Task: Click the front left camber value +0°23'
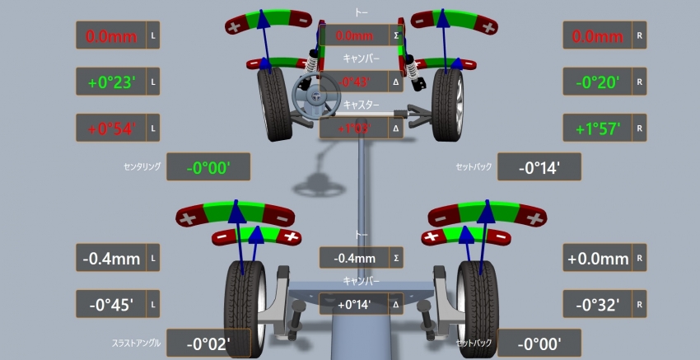point(110,82)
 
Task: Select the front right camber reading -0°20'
point(597,82)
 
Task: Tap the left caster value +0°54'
point(110,128)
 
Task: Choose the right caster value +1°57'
point(597,128)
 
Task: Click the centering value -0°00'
point(208,167)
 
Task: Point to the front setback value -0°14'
point(539,167)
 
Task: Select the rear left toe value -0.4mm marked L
point(110,258)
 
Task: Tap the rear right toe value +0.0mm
point(597,258)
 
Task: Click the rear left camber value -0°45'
point(110,304)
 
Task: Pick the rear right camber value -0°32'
point(597,304)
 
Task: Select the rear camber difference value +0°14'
point(353,304)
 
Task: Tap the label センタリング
point(142,167)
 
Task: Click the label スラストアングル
point(136,343)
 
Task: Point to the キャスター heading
point(361,105)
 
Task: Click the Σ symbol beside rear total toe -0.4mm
point(395,258)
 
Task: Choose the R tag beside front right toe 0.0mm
point(640,35)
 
